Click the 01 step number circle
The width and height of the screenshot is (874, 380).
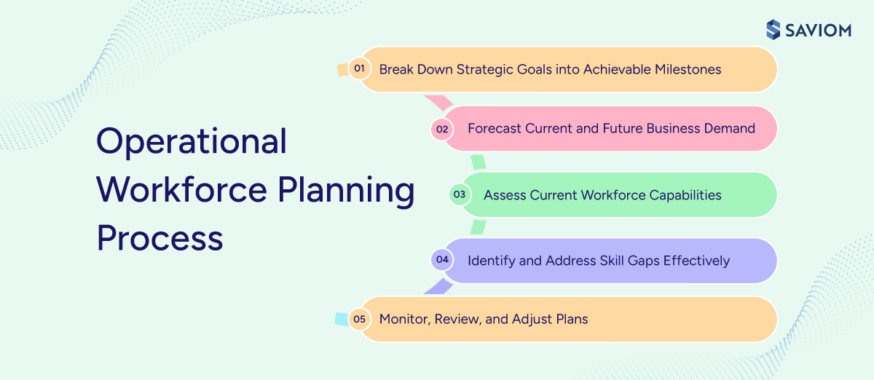tap(358, 69)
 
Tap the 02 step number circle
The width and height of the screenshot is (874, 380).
tap(441, 129)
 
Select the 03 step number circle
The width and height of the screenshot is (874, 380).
tap(459, 195)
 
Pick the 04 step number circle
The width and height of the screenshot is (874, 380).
tap(441, 260)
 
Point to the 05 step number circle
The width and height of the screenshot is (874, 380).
tap(358, 319)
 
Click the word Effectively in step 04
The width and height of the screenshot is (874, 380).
tap(696, 261)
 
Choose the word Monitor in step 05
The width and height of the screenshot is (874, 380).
tap(403, 319)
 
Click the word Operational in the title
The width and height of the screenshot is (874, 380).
tap(192, 142)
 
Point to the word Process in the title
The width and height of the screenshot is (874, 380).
tap(160, 239)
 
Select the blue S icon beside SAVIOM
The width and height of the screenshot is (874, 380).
tap(773, 30)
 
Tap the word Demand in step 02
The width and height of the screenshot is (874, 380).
tap(731, 129)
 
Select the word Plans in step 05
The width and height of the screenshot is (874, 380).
tap(570, 319)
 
